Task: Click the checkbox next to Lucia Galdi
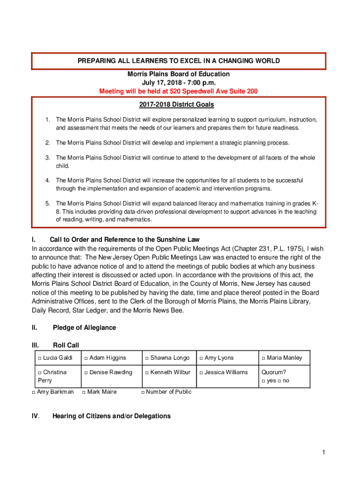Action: [39, 358]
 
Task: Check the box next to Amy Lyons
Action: [201, 358]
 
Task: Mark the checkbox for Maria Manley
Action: [263, 358]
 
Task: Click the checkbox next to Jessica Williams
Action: [201, 373]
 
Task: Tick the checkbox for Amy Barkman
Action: [33, 392]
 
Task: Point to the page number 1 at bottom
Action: [323, 452]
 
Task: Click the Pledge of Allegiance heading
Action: [84, 327]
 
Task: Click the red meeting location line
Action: [178, 91]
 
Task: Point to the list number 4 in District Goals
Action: [47, 180]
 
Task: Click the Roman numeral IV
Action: [35, 416]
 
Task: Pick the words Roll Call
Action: [66, 345]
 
